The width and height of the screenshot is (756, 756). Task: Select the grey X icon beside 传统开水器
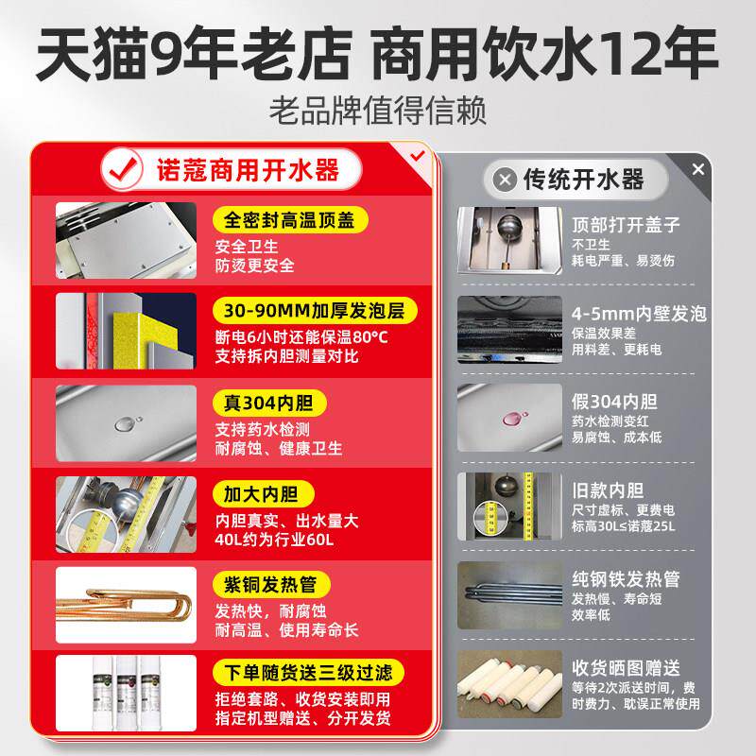pyautogui.click(x=507, y=179)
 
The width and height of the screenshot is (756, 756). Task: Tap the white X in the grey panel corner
pyautogui.click(x=698, y=170)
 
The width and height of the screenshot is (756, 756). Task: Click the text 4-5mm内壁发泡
pyautogui.click(x=639, y=314)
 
